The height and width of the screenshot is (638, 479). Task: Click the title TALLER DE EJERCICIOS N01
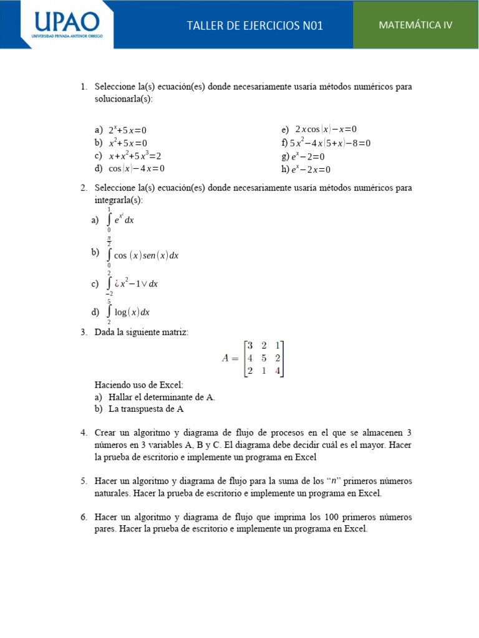point(255,26)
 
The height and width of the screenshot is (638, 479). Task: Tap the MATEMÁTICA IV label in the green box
point(415,25)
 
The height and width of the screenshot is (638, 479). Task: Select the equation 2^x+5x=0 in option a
point(127,130)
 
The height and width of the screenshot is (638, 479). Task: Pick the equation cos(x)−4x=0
point(137,168)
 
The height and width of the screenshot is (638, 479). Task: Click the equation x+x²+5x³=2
point(135,156)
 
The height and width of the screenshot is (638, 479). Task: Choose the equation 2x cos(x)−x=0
point(326,130)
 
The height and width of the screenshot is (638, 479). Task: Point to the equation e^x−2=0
point(307,156)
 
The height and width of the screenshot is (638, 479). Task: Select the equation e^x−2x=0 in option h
point(310,169)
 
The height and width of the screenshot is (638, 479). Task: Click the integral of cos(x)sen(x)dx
point(143,255)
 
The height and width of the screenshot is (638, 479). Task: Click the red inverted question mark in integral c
point(116,284)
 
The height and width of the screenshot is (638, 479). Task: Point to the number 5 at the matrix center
point(264,358)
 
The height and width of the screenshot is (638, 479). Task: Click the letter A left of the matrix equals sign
point(226,358)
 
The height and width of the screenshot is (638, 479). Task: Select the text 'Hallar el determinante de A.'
point(162,398)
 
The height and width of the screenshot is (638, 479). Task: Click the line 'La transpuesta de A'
point(146,409)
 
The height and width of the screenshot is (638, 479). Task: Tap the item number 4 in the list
point(84,432)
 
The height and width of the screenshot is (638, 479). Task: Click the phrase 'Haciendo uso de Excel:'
point(139,385)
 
